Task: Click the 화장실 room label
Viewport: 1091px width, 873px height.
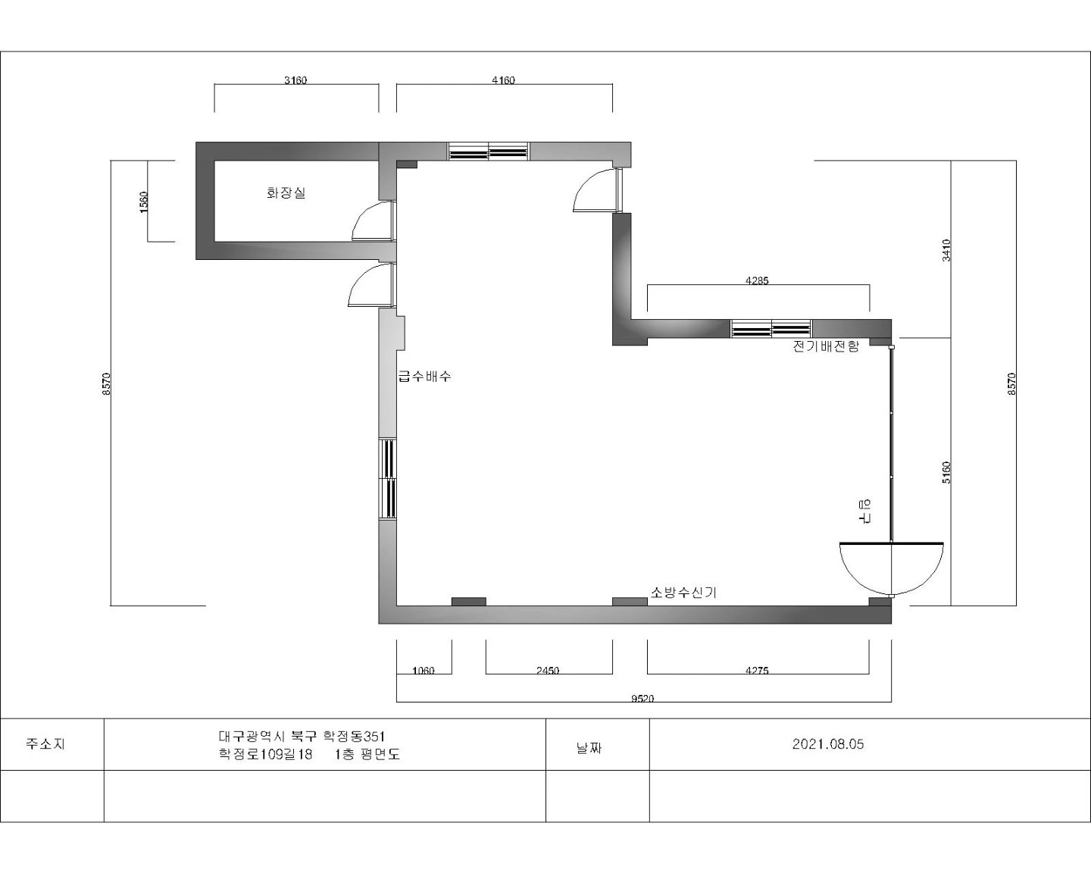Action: coord(286,192)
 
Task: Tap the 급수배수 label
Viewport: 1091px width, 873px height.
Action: coord(424,377)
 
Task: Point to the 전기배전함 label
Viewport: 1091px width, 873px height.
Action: coord(826,346)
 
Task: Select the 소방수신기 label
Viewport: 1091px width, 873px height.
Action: coord(683,592)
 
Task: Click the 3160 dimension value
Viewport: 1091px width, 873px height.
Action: coord(295,80)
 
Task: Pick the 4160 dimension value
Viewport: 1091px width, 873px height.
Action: coord(503,80)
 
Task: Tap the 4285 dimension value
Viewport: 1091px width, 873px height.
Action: coord(757,280)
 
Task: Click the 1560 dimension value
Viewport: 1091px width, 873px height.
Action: coord(144,202)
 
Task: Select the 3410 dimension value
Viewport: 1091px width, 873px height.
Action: coord(946,250)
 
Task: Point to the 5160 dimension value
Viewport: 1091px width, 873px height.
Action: coord(946,472)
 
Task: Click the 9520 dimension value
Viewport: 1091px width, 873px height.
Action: coord(642,699)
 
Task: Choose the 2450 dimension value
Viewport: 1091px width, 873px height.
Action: coord(548,671)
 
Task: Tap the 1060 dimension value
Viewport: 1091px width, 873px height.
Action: coord(424,671)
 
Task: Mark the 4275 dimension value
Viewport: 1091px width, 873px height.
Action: coord(757,671)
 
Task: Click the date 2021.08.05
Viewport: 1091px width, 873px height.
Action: coord(828,744)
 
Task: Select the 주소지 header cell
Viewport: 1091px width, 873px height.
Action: coord(45,744)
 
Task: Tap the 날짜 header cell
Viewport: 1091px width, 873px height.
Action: coord(589,748)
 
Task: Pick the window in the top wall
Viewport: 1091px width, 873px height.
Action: coord(488,151)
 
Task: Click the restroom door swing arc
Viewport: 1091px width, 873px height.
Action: coord(361,213)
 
